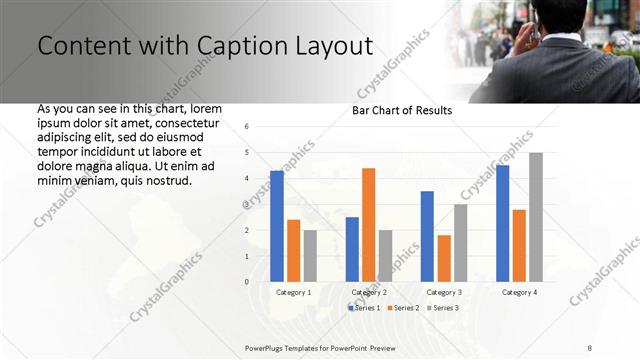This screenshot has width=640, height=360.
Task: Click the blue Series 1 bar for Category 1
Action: pos(277,226)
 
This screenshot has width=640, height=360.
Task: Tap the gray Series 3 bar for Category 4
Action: pos(536,217)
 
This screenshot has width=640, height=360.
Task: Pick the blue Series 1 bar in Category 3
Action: pos(427,236)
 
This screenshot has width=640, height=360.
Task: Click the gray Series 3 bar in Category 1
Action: pos(310,256)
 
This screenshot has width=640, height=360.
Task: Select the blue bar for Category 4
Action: pos(502,223)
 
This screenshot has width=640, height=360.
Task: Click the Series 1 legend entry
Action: pos(363,308)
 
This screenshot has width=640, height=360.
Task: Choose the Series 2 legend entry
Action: pos(403,308)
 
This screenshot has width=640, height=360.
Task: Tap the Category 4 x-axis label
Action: pos(518,292)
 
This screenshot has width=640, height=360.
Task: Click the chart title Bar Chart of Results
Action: pos(402,110)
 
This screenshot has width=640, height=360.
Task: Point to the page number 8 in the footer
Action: pos(590,347)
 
